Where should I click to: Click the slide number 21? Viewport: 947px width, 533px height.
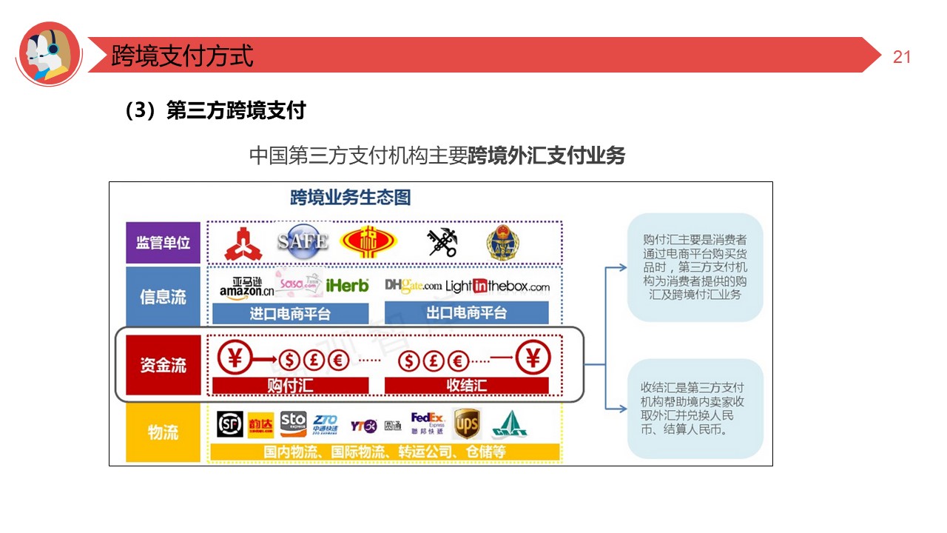[x=902, y=57]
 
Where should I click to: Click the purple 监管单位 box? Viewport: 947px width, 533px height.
[x=163, y=243]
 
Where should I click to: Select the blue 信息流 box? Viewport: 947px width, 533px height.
[x=163, y=297]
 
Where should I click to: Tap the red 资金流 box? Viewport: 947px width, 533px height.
[x=163, y=365]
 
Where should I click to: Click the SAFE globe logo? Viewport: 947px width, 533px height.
[x=302, y=241]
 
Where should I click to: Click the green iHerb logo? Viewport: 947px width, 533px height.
[x=347, y=286]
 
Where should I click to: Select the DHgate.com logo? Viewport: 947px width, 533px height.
[x=413, y=286]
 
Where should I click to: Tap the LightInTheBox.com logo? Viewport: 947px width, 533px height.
[x=498, y=286]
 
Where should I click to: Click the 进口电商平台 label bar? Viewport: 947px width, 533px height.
[x=290, y=313]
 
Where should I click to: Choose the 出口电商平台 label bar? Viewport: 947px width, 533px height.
[x=466, y=313]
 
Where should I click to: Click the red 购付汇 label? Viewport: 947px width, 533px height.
[x=290, y=386]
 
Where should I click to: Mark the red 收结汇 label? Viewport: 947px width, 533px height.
[x=466, y=386]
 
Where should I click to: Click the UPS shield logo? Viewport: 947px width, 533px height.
[x=466, y=424]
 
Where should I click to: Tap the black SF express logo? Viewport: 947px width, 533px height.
[x=230, y=424]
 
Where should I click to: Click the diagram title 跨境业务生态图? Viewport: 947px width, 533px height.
[x=350, y=198]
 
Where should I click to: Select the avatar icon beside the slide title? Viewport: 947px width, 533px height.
[x=48, y=54]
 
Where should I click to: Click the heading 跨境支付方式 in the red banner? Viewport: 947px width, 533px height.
[x=182, y=56]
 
